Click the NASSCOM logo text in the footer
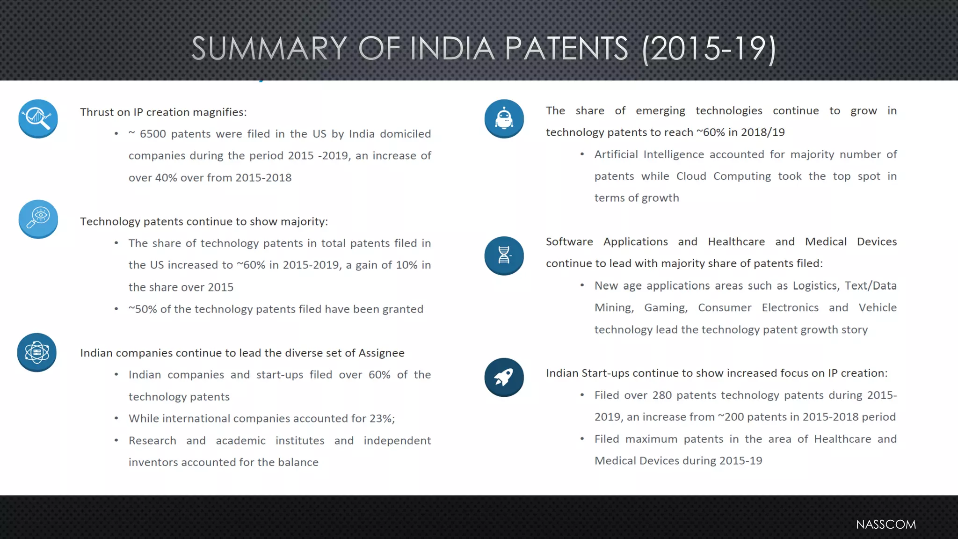click(885, 524)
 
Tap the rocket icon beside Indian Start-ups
click(504, 378)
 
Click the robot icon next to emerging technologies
click(504, 119)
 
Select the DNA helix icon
click(504, 255)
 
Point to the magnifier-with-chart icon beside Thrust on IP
click(38, 119)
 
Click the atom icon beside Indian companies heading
click(37, 352)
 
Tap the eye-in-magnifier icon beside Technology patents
click(38, 219)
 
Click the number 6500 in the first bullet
click(153, 134)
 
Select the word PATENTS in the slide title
click(566, 49)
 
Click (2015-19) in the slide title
click(709, 49)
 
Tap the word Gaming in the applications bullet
click(666, 308)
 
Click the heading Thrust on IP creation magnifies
click(163, 112)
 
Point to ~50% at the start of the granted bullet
click(143, 309)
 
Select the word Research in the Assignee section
click(152, 441)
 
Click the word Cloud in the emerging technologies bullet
click(691, 176)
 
